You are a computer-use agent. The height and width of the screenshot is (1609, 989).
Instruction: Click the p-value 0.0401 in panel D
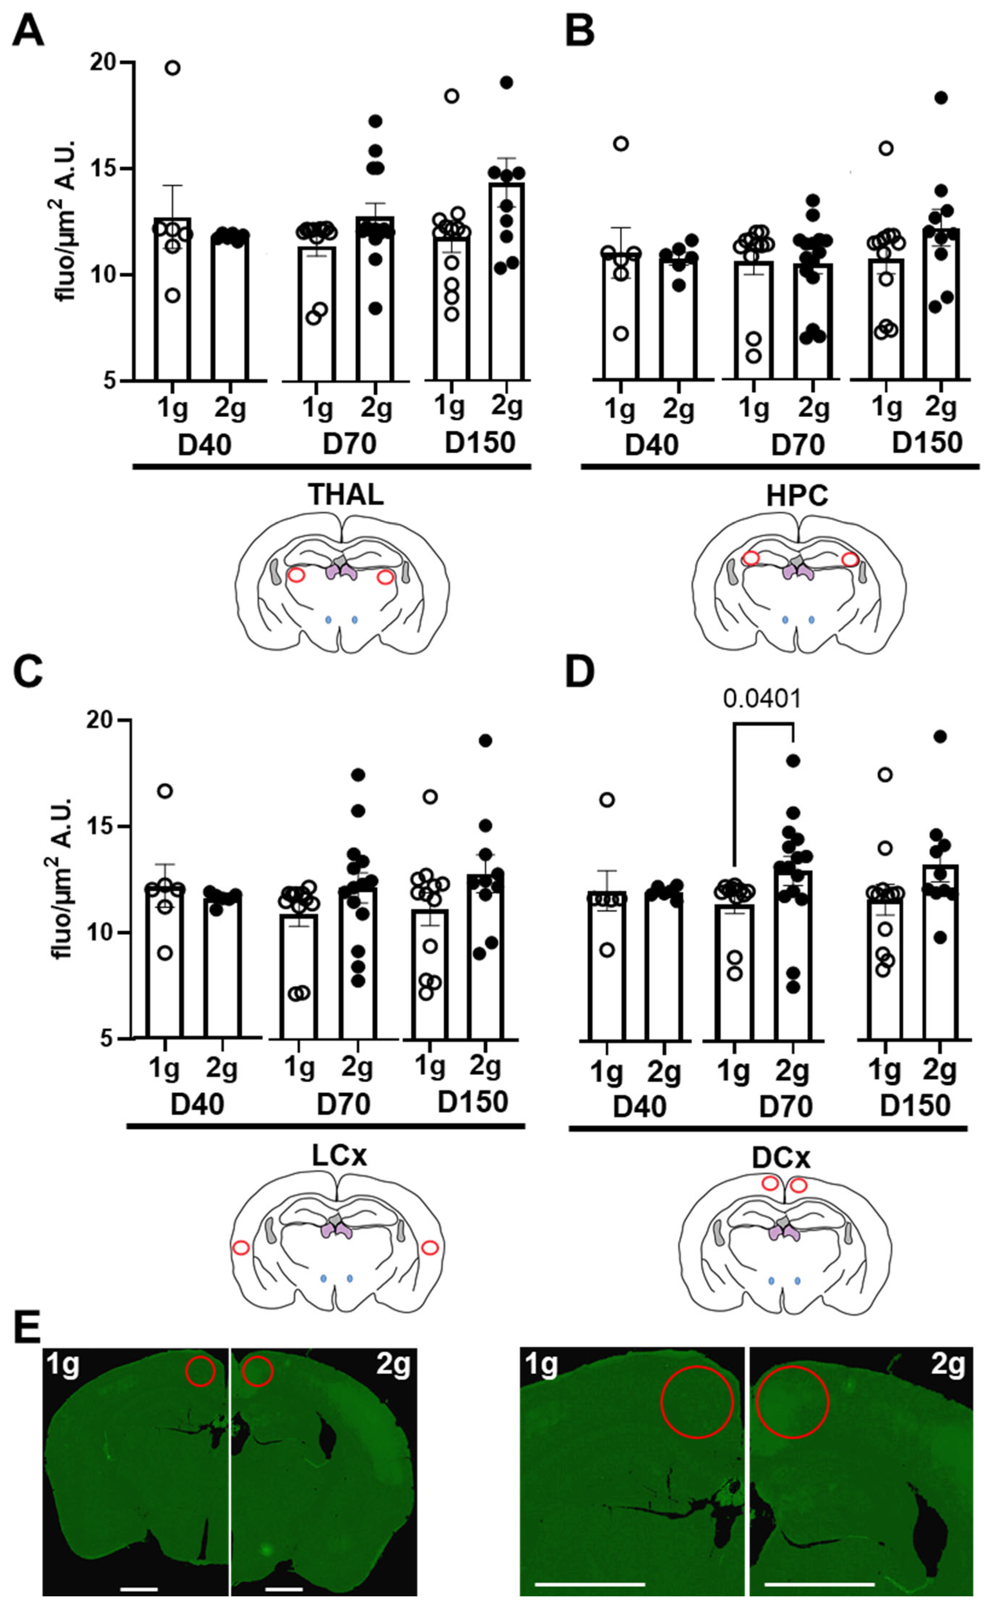pyautogui.click(x=762, y=699)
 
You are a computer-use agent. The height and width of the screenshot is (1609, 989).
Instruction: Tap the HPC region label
pyautogui.click(x=797, y=496)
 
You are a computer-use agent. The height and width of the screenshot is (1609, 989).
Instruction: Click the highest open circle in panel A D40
pyautogui.click(x=173, y=68)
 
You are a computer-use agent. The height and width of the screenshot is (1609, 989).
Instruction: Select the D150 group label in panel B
pyautogui.click(x=927, y=443)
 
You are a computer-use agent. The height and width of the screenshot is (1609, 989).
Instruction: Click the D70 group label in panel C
pyautogui.click(x=343, y=1104)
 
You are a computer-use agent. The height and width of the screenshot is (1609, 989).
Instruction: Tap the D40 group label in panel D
pyautogui.click(x=639, y=1106)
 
